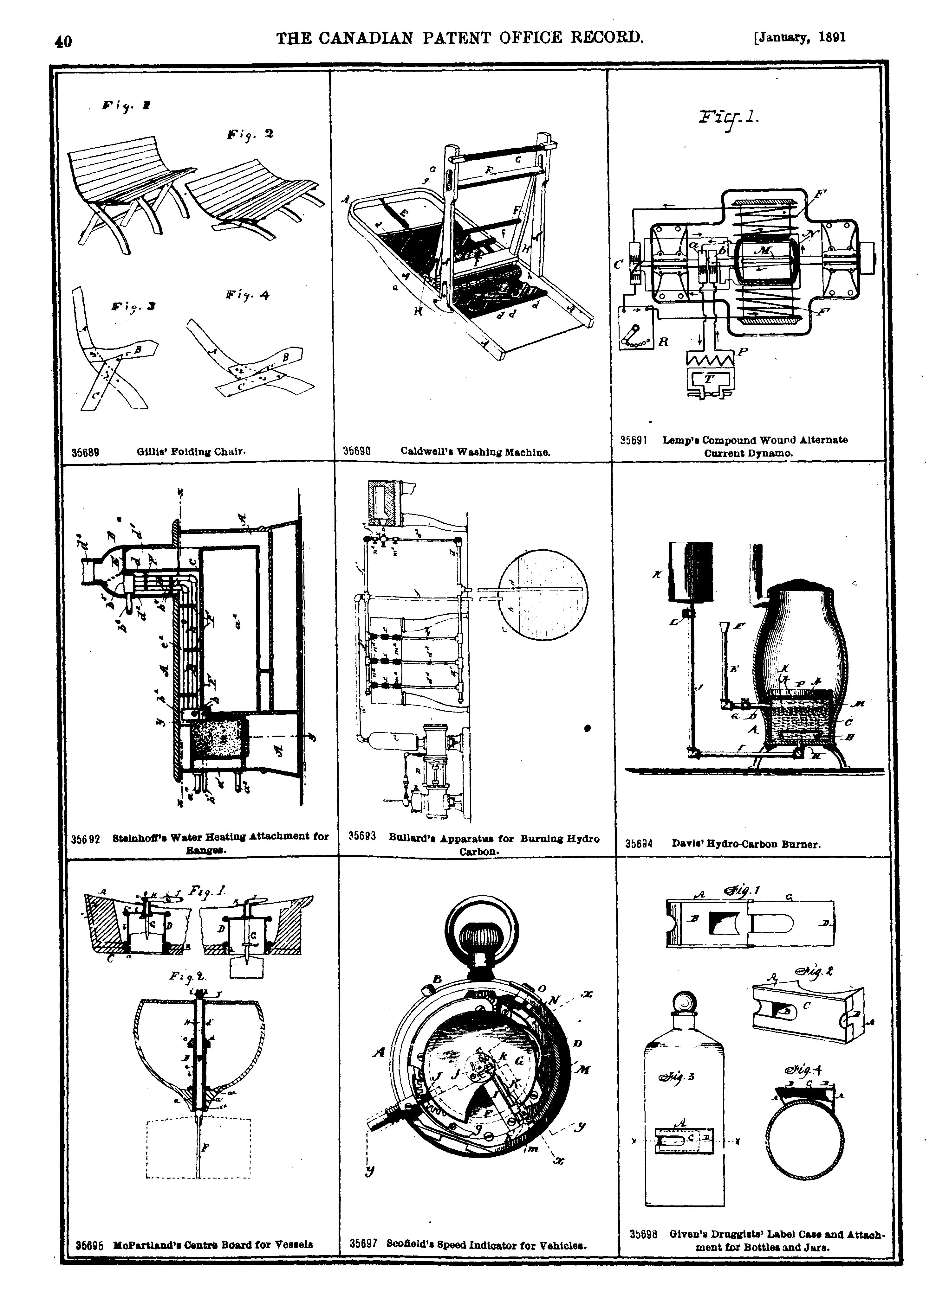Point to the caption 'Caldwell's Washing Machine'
[x=475, y=452]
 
